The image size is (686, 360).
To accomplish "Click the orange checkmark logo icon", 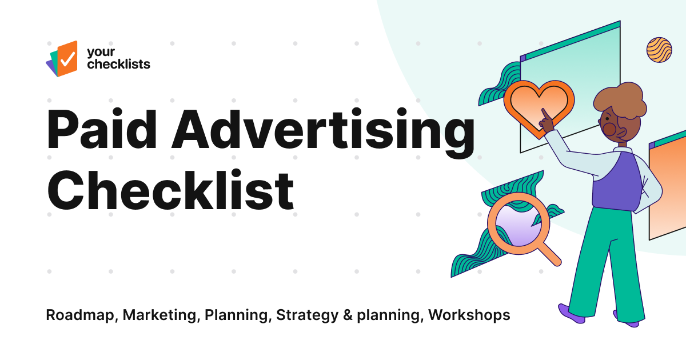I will click(x=66, y=58).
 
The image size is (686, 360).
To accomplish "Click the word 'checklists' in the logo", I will click(x=118, y=64).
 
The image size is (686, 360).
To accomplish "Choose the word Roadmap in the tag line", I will click(x=81, y=315).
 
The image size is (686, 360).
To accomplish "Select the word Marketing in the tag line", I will click(x=161, y=315).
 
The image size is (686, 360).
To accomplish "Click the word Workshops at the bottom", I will click(x=469, y=315).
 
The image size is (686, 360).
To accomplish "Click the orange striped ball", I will click(x=659, y=49).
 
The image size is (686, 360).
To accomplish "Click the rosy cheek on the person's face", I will click(x=609, y=130).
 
